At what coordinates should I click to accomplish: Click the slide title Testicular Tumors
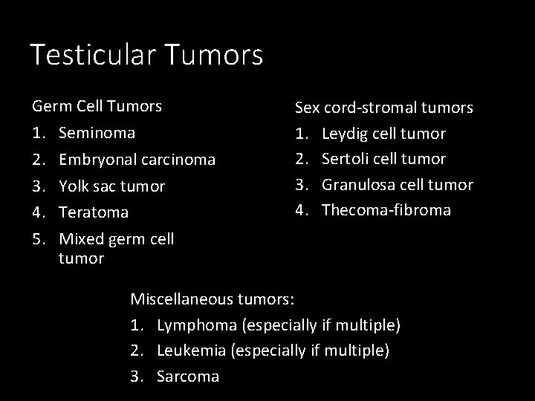pos(146,55)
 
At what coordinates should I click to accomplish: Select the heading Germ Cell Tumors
pos(97,106)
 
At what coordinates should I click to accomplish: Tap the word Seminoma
pos(97,133)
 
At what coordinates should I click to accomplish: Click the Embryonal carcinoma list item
pos(137,160)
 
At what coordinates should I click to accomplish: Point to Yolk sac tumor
pos(111,186)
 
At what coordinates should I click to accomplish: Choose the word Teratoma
pos(93,212)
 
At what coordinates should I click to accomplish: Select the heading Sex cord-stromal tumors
pos(383,108)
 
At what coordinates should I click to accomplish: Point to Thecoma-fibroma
pos(386,210)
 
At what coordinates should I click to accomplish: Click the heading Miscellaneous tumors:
pos(213,300)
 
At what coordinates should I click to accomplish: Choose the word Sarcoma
pos(187,376)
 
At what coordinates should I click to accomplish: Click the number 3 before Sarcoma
pos(136,376)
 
